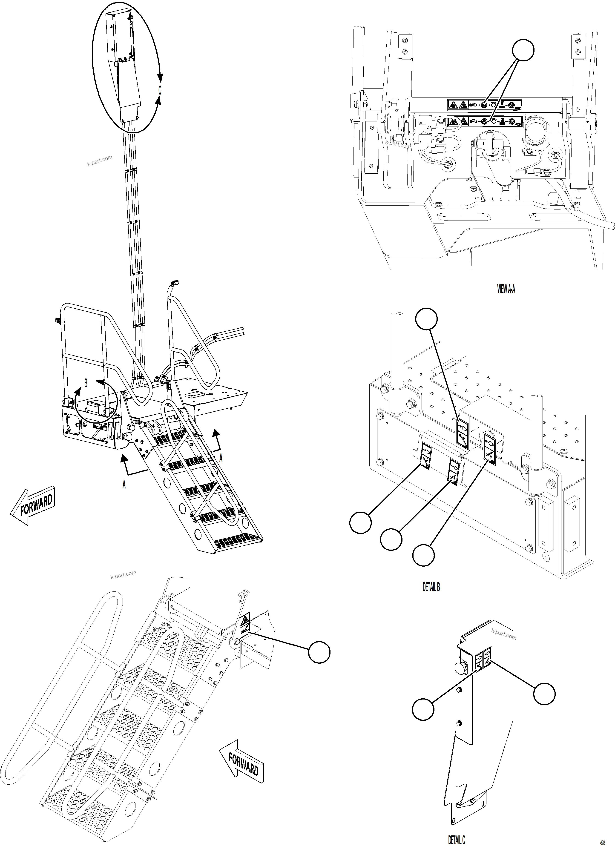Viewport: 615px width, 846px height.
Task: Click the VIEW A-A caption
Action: pos(506,289)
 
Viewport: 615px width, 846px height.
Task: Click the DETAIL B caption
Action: pos(431,587)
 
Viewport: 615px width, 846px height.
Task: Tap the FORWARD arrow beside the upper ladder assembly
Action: pos(33,507)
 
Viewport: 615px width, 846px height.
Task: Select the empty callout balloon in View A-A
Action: pos(523,50)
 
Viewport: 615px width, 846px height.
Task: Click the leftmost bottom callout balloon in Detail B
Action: pos(360,523)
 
